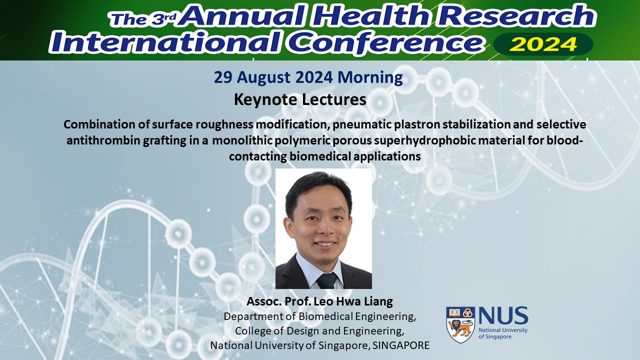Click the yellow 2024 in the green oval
click(543, 44)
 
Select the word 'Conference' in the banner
click(386, 43)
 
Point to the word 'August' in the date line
click(263, 77)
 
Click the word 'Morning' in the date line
click(370, 77)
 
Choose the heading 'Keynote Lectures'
click(300, 99)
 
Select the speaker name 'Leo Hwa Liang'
click(353, 301)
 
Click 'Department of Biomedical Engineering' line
click(319, 316)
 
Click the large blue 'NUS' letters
click(503, 315)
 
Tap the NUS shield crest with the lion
click(460, 325)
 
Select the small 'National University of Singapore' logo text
click(503, 333)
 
